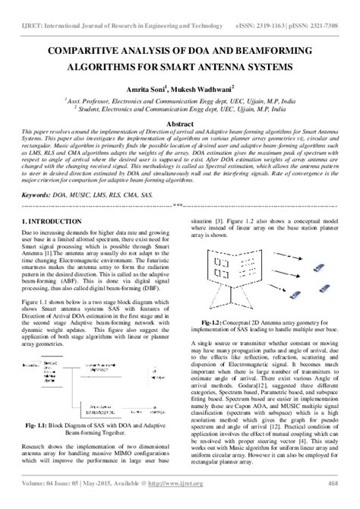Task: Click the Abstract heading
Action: point(180,123)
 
